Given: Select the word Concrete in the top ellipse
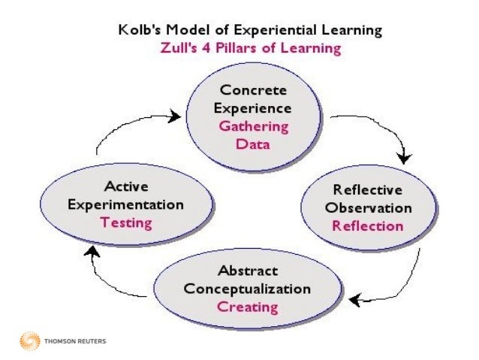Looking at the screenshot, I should click(x=252, y=91).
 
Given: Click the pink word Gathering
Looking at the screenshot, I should click(x=252, y=126).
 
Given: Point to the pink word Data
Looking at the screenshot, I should click(x=252, y=143).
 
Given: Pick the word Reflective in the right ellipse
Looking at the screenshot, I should click(x=368, y=190).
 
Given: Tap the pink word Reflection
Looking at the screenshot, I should click(x=368, y=225).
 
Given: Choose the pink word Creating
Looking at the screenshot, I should click(x=248, y=307).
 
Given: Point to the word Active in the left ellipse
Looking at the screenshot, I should click(x=126, y=186).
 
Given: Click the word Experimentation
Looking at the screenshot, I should click(x=126, y=204).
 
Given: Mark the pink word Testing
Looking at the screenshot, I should click(x=126, y=222).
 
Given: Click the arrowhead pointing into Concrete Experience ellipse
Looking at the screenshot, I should click(x=175, y=116).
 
